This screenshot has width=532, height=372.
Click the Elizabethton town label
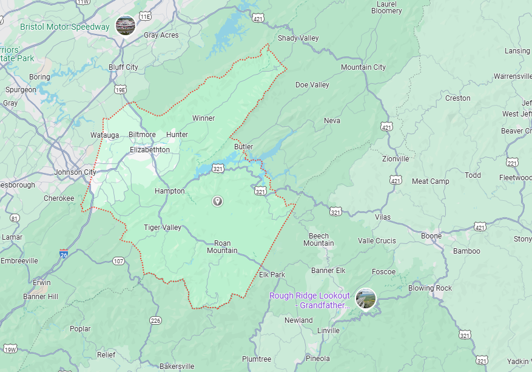point(150,150)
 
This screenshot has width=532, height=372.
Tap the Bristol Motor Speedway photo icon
point(126,25)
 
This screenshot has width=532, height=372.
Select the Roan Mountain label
point(222,246)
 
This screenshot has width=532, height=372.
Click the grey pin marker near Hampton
point(218,201)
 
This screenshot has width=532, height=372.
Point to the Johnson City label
point(75,172)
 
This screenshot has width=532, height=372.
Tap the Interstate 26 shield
point(64,254)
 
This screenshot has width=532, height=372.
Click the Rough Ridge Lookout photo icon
point(366,299)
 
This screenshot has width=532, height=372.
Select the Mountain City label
point(363,67)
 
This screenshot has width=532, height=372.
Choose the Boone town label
point(431,236)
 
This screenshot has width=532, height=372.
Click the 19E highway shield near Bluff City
point(121,90)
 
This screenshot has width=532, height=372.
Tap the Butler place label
point(243,147)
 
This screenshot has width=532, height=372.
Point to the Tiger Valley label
point(163,228)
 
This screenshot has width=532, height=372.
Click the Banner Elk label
point(332,271)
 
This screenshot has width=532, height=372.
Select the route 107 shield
point(118,261)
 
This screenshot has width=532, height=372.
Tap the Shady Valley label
point(298,39)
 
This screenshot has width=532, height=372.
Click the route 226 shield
point(155,320)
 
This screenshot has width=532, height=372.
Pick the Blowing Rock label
point(429,288)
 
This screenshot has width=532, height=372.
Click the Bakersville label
point(177,367)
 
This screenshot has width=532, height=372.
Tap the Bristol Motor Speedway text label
point(65,27)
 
